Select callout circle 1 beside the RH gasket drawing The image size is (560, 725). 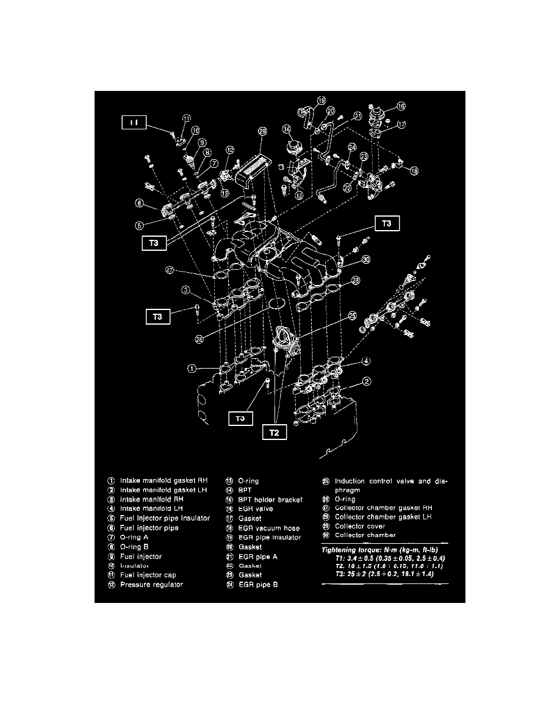pos(192,369)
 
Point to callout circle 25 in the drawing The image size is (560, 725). pos(352,316)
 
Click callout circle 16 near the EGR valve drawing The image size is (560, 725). pos(401,106)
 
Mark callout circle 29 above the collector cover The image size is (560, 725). pos(262,131)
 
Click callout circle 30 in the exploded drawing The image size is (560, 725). pos(365,259)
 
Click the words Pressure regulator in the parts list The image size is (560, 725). pos(151,585)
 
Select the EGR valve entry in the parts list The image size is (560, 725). pos(256,508)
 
